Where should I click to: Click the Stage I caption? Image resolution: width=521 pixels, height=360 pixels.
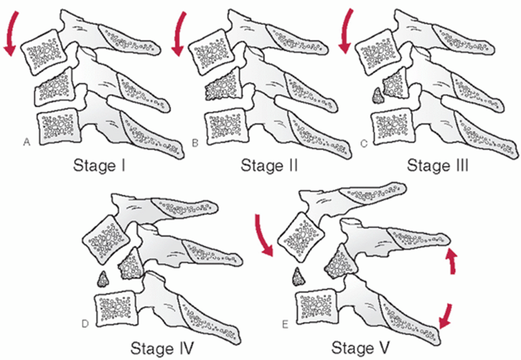[99, 165]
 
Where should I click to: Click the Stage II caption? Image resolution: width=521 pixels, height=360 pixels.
[269, 165]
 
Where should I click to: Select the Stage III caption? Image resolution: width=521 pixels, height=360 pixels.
[438, 165]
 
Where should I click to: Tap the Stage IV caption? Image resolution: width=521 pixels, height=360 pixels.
[162, 348]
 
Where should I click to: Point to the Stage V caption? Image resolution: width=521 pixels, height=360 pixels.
[360, 348]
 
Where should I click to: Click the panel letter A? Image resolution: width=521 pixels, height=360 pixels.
[27, 142]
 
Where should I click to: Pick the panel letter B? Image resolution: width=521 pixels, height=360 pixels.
[195, 143]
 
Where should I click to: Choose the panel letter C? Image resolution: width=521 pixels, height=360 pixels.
[364, 143]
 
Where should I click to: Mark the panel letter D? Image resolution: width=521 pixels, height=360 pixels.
[85, 323]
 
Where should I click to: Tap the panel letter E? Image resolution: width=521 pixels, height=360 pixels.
[285, 324]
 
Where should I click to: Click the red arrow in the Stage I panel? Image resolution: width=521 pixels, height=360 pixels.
[10, 35]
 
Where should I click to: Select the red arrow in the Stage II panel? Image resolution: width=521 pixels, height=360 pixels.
[178, 35]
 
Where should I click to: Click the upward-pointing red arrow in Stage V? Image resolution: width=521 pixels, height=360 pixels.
[452, 261]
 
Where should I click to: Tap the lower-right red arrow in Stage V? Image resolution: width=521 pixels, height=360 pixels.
[446, 316]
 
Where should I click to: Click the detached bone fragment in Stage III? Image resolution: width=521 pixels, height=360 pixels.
[377, 96]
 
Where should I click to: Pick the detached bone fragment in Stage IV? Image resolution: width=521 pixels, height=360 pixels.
[103, 279]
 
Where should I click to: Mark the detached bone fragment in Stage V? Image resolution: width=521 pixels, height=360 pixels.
[298, 277]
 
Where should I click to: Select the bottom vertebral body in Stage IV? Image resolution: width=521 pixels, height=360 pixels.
[116, 308]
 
